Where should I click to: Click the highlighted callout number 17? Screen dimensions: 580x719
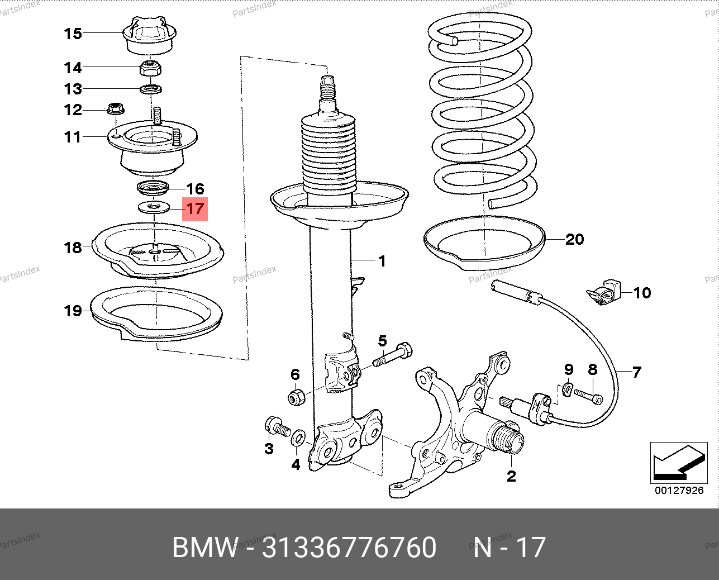click(x=194, y=210)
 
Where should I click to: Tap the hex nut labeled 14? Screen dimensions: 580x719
click(x=149, y=68)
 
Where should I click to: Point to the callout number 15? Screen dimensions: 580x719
click(x=73, y=34)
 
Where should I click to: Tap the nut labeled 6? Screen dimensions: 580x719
click(x=296, y=397)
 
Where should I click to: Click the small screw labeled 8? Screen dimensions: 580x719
click(x=588, y=396)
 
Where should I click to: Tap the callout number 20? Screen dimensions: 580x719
click(x=574, y=240)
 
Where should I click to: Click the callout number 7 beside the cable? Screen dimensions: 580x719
click(x=637, y=372)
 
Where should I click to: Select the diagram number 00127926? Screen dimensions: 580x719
click(x=679, y=491)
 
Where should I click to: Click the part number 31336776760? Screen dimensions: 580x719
click(x=349, y=547)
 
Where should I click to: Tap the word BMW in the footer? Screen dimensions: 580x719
click(x=205, y=547)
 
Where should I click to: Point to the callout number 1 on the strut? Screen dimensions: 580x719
click(x=382, y=261)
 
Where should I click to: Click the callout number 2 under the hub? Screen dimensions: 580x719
click(x=511, y=477)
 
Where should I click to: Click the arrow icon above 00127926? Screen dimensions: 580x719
click(x=678, y=463)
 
